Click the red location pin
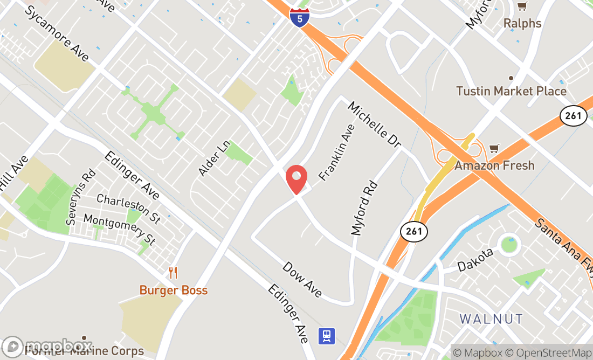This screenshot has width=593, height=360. click(296, 179)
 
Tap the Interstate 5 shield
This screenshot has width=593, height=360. click(299, 17)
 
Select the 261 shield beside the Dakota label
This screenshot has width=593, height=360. click(414, 232)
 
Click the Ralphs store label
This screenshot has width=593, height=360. click(522, 23)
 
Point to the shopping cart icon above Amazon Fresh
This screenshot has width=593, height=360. click(494, 148)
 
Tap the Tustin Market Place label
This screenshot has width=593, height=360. click(511, 91)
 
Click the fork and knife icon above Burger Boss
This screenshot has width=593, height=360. click(173, 273)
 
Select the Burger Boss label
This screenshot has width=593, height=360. click(173, 290)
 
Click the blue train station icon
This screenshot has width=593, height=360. click(326, 336)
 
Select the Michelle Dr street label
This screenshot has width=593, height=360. click(375, 124)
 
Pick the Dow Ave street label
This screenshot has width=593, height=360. click(302, 280)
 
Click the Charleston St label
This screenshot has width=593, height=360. click(128, 209)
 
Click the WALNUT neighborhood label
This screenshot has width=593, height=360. click(491, 319)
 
